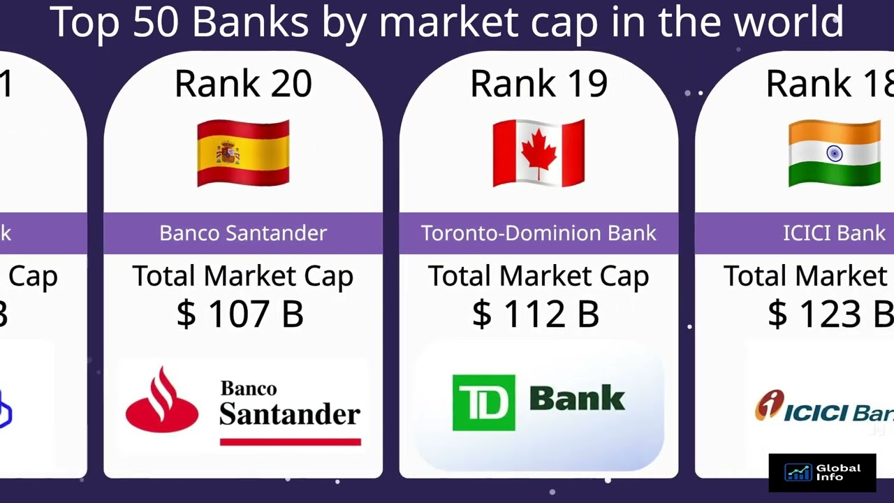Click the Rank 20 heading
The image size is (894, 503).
[x=243, y=84]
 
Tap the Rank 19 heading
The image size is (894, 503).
[x=538, y=84]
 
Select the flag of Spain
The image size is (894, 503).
[x=243, y=153]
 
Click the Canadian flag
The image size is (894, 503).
[x=538, y=153]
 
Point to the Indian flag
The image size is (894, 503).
[x=834, y=153]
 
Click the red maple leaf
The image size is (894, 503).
[x=538, y=152]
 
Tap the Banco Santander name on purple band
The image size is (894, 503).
[x=243, y=233]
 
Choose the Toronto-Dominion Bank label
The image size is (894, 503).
[x=538, y=233]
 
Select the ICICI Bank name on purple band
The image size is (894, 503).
[x=834, y=233]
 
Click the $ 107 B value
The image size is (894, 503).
[x=240, y=314]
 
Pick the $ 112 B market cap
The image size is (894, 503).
[x=536, y=314]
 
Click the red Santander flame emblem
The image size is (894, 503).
[x=162, y=401]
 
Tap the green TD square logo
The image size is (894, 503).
[x=483, y=402]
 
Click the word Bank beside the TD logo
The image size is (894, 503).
[x=577, y=399]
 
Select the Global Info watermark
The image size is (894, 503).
[x=822, y=473]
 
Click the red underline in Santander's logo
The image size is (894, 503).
[x=290, y=442]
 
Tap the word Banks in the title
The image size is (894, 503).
[x=250, y=22]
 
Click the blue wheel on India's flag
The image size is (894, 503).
[x=834, y=153]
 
